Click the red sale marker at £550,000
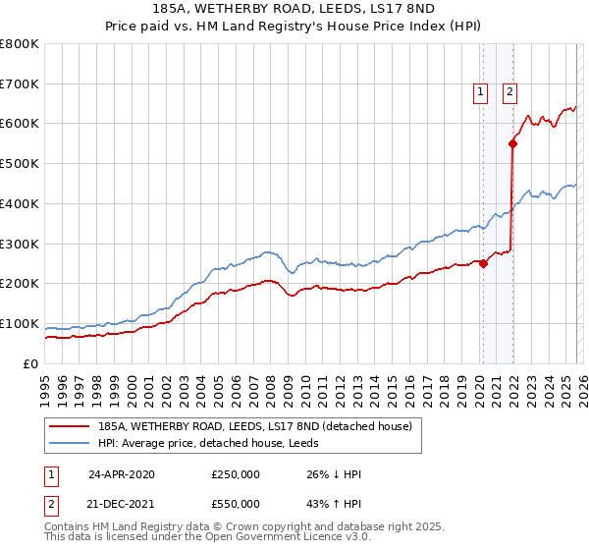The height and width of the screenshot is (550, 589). tap(512, 143)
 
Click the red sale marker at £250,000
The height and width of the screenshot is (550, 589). tap(483, 263)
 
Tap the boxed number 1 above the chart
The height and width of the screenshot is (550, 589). tap(481, 93)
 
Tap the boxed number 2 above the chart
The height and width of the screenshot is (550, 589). tap(510, 93)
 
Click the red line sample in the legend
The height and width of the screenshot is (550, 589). tap(70, 426)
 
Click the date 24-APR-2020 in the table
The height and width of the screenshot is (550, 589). tap(121, 474)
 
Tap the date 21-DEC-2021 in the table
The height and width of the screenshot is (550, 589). tap(121, 504)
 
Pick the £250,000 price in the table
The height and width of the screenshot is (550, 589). tap(236, 474)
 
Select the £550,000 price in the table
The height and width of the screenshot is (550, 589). tap(236, 504)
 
